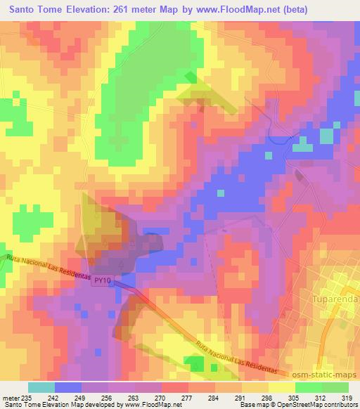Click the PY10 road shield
pyautogui.click(x=103, y=280)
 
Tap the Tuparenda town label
pyautogui.click(x=333, y=299)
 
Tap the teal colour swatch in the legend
pyautogui.click(x=41, y=387)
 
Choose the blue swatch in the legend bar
pyautogui.click(x=68, y=387)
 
